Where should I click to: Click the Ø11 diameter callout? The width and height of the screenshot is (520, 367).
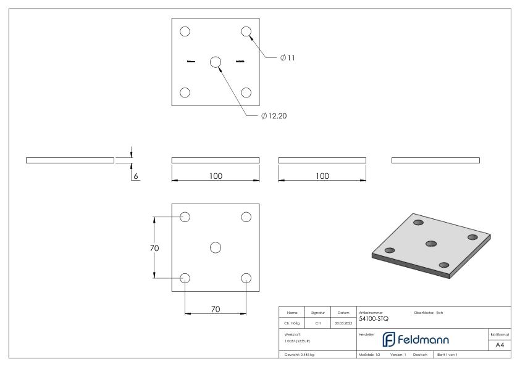pyautogui.click(x=287, y=58)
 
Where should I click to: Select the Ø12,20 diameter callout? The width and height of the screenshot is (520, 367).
pyautogui.click(x=274, y=116)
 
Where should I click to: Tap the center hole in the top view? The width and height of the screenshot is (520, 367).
pyautogui.click(x=216, y=62)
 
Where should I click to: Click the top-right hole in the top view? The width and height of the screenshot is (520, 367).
pyautogui.click(x=246, y=31)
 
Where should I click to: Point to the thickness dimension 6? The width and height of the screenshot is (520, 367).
pyautogui.click(x=136, y=176)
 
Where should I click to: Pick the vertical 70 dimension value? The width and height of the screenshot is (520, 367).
pyautogui.click(x=154, y=248)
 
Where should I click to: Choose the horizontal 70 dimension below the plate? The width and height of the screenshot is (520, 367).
pyautogui.click(x=216, y=309)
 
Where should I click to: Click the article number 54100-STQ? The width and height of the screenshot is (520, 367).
pyautogui.click(x=374, y=319)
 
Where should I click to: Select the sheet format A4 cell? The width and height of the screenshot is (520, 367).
pyautogui.click(x=499, y=345)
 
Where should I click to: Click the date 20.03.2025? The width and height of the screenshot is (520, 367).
pyautogui.click(x=343, y=323)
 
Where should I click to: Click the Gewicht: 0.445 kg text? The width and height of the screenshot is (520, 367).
pyautogui.click(x=300, y=355)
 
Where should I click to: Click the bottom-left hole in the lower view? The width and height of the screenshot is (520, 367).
pyautogui.click(x=185, y=278)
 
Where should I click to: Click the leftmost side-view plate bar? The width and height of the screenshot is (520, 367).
pyautogui.click(x=70, y=160)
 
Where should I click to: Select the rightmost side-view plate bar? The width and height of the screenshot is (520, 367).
pyautogui.click(x=435, y=160)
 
